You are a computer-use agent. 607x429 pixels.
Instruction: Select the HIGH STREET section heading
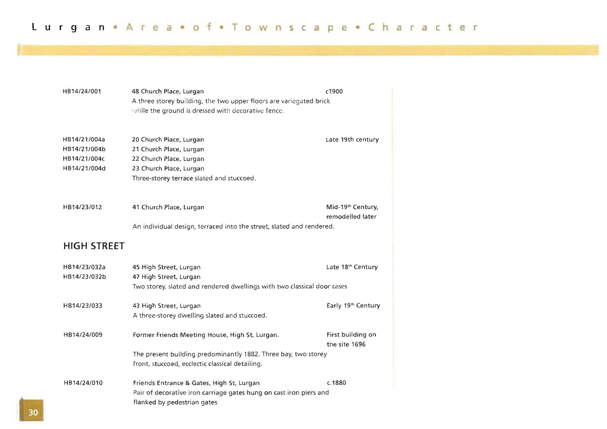[x=94, y=246]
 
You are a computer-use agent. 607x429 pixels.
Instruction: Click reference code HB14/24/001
[x=82, y=92]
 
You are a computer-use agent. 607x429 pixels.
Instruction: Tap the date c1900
[x=334, y=92]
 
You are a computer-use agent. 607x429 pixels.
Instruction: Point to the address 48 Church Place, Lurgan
[x=168, y=92]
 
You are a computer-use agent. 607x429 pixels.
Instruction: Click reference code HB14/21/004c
[x=84, y=159]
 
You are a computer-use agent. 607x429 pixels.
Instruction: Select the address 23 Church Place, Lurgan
[x=168, y=168]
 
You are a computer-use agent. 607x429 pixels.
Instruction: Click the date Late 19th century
[x=352, y=139]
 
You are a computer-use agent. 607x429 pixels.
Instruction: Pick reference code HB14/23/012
[x=82, y=207]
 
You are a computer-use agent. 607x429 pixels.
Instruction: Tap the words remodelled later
[x=351, y=217]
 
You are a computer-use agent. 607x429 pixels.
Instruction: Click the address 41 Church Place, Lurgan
[x=168, y=207]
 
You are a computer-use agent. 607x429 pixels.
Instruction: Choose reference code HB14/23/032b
[x=84, y=277]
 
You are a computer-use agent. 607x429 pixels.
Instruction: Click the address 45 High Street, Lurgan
[x=166, y=267]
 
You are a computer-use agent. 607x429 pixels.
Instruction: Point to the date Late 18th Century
[x=352, y=267]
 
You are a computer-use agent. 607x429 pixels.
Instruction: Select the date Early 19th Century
[x=353, y=306]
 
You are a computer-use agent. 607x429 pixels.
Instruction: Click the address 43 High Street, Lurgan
[x=166, y=306]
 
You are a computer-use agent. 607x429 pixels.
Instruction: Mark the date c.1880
[x=336, y=383]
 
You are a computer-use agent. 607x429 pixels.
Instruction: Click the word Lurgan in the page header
[x=69, y=27]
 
